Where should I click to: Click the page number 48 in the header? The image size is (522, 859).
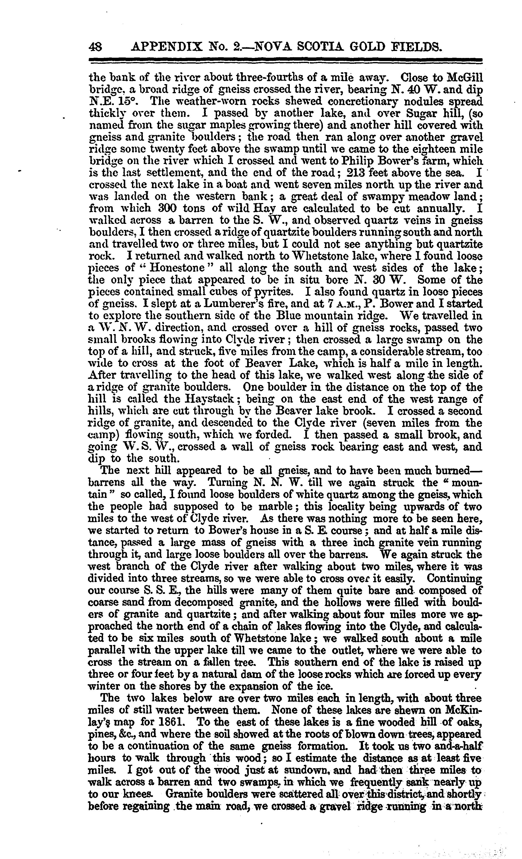click(96, 46)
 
